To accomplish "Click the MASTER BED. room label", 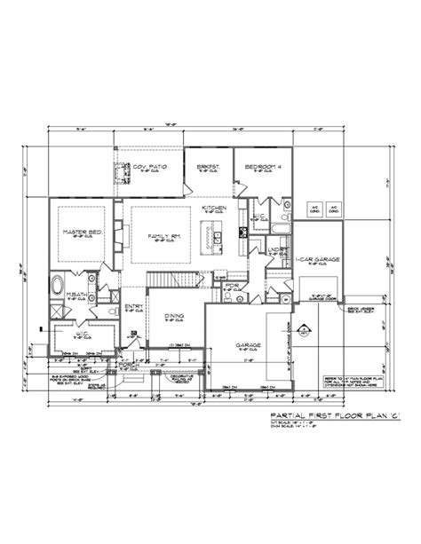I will click(x=79, y=233).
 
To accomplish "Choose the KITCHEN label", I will click(x=213, y=208).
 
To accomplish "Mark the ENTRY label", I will click(x=133, y=308).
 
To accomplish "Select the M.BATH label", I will click(x=77, y=293).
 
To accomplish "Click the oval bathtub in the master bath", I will click(x=60, y=288).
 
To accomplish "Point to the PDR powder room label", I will click(x=232, y=287).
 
